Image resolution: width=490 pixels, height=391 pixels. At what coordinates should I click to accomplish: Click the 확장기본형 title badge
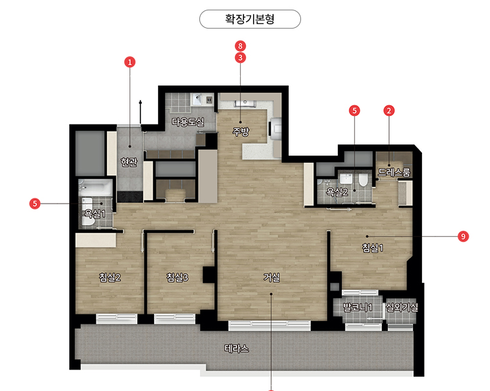pyautogui.click(x=250, y=19)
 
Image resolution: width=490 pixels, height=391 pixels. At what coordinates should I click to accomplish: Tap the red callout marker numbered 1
pyautogui.click(x=130, y=62)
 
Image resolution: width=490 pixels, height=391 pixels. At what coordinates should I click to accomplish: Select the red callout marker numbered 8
pyautogui.click(x=240, y=46)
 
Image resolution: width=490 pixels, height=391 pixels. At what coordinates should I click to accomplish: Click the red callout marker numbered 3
pyautogui.click(x=240, y=58)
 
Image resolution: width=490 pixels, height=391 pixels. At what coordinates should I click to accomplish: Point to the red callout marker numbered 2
pyautogui.click(x=389, y=110)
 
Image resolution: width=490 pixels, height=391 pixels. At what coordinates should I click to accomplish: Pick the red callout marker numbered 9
pyautogui.click(x=463, y=236)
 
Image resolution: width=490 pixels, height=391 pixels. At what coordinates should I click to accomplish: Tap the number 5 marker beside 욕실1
pyautogui.click(x=35, y=204)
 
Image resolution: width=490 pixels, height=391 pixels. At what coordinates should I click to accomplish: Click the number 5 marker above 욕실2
pyautogui.click(x=354, y=110)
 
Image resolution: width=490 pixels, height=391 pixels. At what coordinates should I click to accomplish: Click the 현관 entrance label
pyautogui.click(x=129, y=162)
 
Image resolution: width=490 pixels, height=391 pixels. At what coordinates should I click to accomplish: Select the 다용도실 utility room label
pyautogui.click(x=188, y=121)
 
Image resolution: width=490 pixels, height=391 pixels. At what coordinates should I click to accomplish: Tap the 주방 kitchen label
pyautogui.click(x=241, y=131)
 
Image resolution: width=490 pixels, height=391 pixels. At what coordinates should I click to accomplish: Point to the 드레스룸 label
pyautogui.click(x=394, y=172)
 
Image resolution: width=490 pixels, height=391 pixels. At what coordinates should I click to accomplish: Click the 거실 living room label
pyautogui.click(x=271, y=277)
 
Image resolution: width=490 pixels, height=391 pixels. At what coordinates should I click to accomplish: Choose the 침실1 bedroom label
pyautogui.click(x=372, y=248)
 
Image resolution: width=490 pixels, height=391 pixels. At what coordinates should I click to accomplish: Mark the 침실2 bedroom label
pyautogui.click(x=109, y=277)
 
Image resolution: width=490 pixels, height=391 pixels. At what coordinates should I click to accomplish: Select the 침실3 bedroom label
pyautogui.click(x=177, y=277)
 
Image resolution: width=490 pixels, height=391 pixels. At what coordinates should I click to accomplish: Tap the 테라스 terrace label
pyautogui.click(x=236, y=348)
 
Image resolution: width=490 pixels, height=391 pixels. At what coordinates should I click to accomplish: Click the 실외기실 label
pyautogui.click(x=402, y=307)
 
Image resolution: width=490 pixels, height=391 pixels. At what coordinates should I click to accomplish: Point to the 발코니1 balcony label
pyautogui.click(x=357, y=307)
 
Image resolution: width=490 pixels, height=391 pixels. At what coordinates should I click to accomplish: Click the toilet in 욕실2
pyautogui.click(x=363, y=180)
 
